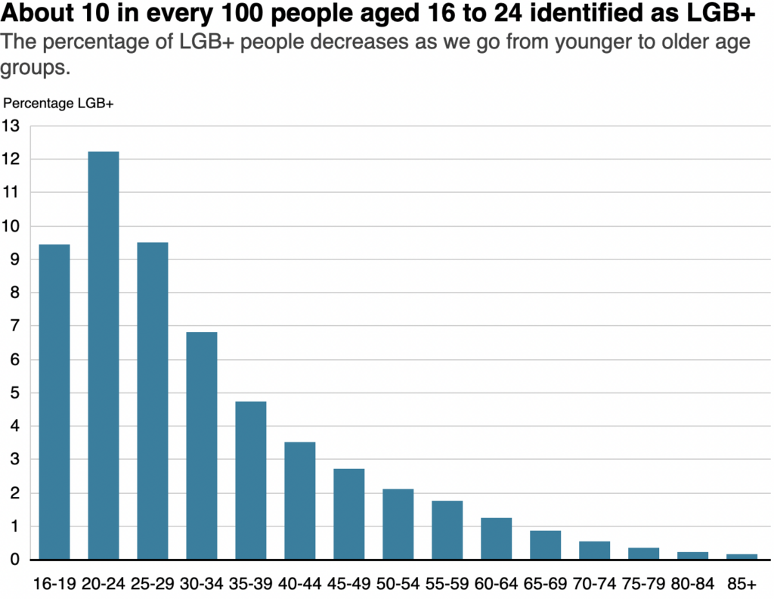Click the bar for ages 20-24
click(x=104, y=355)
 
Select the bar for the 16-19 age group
click(x=54, y=402)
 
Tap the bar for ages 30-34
click(x=202, y=445)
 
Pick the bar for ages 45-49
click(x=349, y=514)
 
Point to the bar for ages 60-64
click(x=497, y=538)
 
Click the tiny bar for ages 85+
click(x=741, y=557)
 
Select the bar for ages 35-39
click(x=251, y=480)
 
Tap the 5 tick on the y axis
click(x=14, y=393)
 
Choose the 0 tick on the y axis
click(x=14, y=560)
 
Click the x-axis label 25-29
click(x=153, y=584)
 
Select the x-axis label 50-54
click(x=398, y=584)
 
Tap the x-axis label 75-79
click(x=643, y=584)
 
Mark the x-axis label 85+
click(x=741, y=584)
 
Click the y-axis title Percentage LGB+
click(x=58, y=104)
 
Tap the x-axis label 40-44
click(x=300, y=584)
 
